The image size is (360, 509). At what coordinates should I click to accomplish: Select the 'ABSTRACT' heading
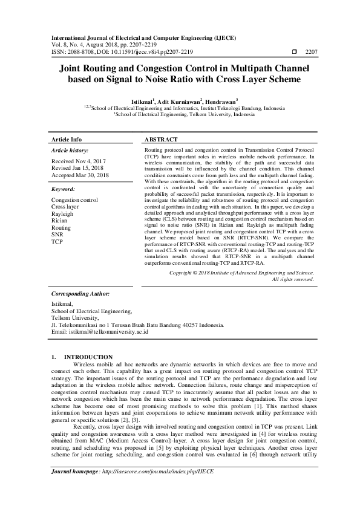[163, 138]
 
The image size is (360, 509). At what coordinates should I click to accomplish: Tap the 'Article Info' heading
[67, 138]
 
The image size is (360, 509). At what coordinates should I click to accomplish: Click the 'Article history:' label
[70, 150]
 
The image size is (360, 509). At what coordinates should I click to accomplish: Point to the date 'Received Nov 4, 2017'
[78, 162]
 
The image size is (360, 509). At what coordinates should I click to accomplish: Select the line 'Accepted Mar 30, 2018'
[80, 175]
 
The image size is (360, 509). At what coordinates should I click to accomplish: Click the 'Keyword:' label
[64, 189]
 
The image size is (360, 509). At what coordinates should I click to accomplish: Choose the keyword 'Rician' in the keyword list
[61, 221]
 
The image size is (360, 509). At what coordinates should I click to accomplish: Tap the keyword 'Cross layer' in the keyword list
[65, 207]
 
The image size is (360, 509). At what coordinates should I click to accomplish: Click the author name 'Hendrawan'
[220, 102]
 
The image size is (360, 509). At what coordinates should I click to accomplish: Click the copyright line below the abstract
[241, 273]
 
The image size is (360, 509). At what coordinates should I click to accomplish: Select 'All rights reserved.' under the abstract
[293, 279]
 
